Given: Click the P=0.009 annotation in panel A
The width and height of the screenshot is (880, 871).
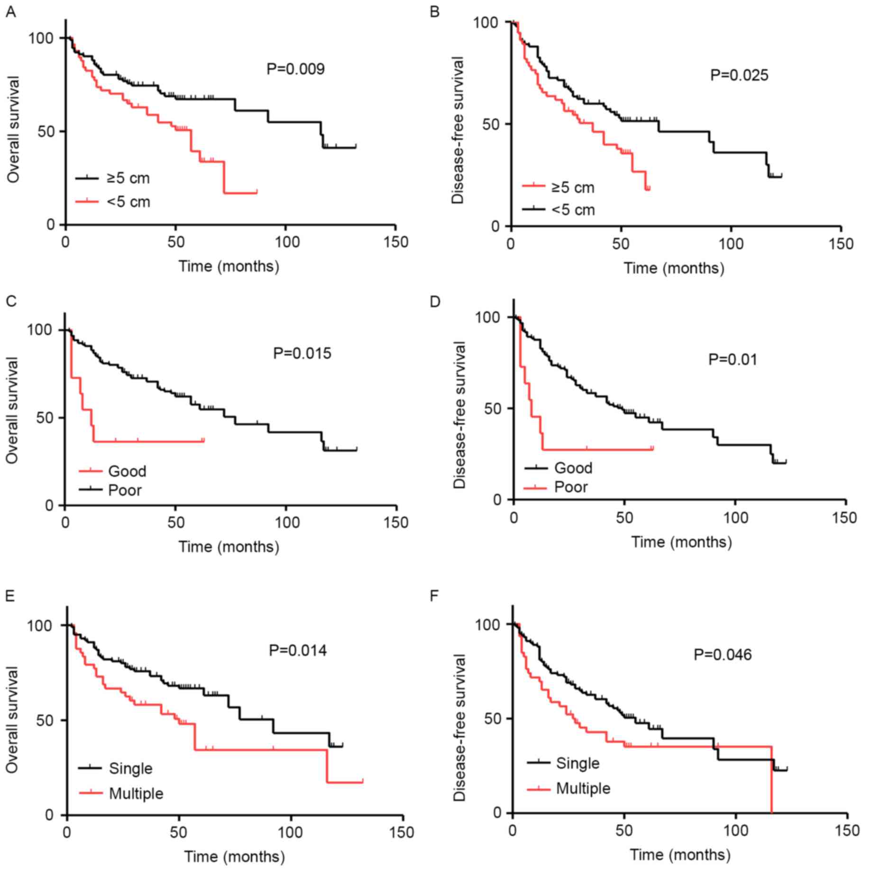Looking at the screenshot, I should tap(295, 69).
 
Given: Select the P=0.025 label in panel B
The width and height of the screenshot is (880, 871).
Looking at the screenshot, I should tap(739, 75).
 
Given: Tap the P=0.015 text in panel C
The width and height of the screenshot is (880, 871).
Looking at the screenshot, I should tap(302, 354).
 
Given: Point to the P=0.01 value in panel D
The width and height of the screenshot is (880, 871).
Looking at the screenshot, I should tap(733, 360).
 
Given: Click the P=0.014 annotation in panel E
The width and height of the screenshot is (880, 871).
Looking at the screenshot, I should tap(298, 650).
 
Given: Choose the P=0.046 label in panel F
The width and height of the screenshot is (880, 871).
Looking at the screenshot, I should tap(723, 655).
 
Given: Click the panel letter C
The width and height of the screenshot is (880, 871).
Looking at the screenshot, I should tap(10, 301).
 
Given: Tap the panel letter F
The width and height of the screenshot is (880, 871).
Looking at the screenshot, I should tap(434, 596).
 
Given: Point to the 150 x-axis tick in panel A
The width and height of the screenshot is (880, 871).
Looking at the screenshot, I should tap(396, 242).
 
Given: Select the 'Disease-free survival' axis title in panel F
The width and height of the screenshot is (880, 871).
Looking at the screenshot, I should tap(459, 728).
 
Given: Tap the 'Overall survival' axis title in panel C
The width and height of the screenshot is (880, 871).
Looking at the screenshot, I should tap(12, 410).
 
